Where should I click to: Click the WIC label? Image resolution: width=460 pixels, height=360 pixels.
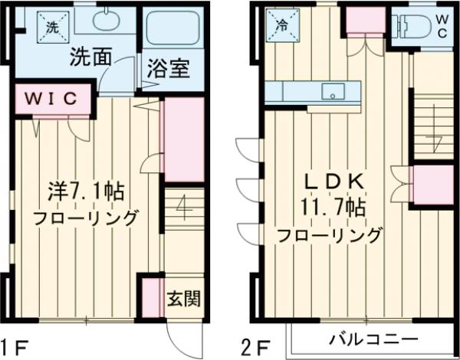[54, 98]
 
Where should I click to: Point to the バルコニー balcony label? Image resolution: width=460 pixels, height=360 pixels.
[373, 339]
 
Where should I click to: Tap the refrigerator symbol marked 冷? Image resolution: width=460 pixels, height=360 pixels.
[281, 24]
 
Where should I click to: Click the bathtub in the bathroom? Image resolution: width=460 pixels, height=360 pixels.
[172, 30]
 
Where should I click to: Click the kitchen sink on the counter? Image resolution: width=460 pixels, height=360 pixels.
[332, 92]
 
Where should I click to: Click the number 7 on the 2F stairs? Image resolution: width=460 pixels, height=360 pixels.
[435, 142]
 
